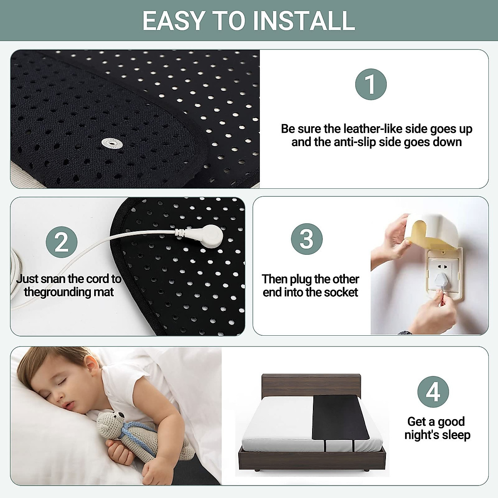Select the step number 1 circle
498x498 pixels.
(x=371, y=84)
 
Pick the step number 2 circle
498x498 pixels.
(x=61, y=242)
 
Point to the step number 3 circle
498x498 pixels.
(x=307, y=239)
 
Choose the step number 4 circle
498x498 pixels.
(x=433, y=392)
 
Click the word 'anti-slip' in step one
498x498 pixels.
(x=357, y=142)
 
